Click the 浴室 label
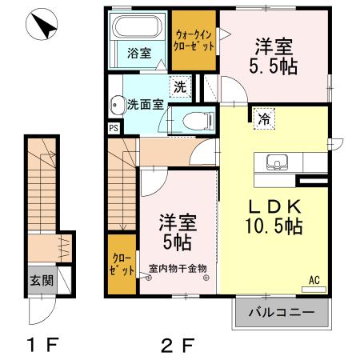click(x=139, y=54)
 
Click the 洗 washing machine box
click(x=181, y=86)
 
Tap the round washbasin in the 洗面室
click(x=117, y=103)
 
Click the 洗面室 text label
click(x=146, y=104)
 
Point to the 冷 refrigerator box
click(x=263, y=119)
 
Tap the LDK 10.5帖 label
click(x=272, y=214)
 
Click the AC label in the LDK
click(x=314, y=281)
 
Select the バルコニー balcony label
click(x=280, y=311)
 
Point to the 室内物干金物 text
click(x=178, y=268)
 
